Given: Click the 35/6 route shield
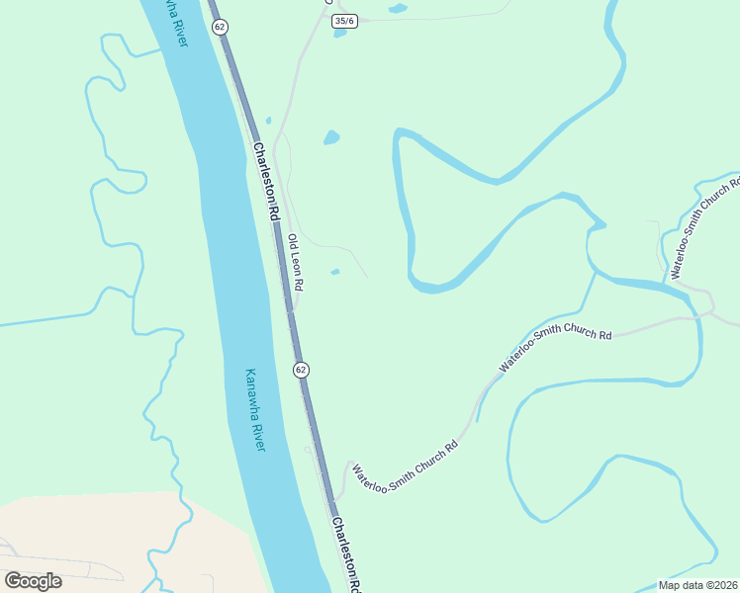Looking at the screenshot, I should [x=344, y=20].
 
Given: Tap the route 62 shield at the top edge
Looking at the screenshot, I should [x=220, y=27].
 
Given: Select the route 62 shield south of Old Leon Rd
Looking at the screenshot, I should [x=301, y=369].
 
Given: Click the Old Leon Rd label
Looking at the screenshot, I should [x=295, y=262].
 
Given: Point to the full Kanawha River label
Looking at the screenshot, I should [x=256, y=410].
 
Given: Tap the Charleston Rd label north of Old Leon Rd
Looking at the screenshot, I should [x=267, y=182].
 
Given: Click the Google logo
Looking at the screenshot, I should [x=33, y=581].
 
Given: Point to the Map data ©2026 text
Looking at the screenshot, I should [x=697, y=585].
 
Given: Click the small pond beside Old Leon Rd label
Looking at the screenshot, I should [x=335, y=273].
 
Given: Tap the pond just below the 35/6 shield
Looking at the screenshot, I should [x=340, y=33].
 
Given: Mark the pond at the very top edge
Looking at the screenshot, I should [x=397, y=9].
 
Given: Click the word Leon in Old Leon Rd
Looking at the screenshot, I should [x=296, y=265].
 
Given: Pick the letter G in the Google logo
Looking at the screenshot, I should [x=13, y=581].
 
